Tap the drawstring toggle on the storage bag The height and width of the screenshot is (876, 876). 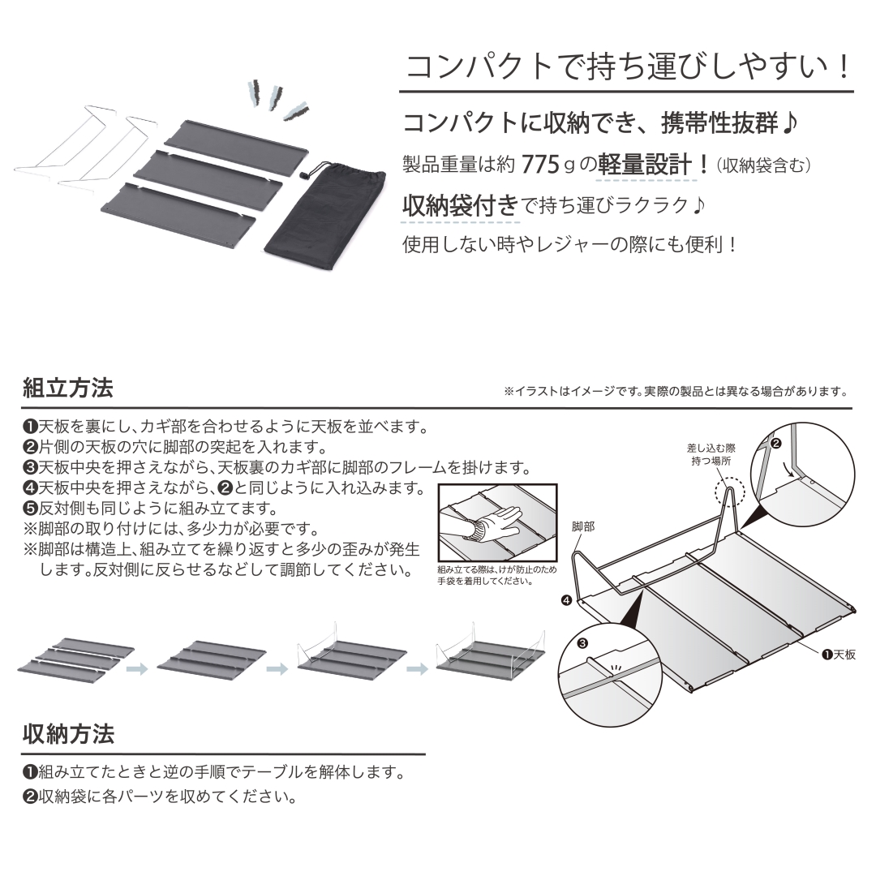tap(304, 176)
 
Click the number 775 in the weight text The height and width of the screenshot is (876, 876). tap(540, 165)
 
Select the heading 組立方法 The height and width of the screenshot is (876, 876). tap(67, 388)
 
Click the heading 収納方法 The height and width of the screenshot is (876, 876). tap(68, 733)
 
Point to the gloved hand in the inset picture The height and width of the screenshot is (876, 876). tap(492, 524)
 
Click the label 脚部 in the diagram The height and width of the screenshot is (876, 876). tap(583, 526)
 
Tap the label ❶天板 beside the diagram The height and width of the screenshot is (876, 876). tap(839, 655)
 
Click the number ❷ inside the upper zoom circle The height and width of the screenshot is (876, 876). tap(775, 444)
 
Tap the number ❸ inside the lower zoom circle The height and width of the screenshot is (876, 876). tap(582, 643)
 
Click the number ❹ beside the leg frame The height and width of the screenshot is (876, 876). tap(566, 600)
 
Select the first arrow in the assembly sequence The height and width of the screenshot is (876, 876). tap(137, 668)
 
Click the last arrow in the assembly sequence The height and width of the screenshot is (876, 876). tap(418, 668)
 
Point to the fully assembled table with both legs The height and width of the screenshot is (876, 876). tap(490, 655)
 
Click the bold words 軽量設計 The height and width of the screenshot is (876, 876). tap(645, 165)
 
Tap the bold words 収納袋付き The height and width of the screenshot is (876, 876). tap(460, 206)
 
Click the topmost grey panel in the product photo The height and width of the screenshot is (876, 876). tap(236, 137)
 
